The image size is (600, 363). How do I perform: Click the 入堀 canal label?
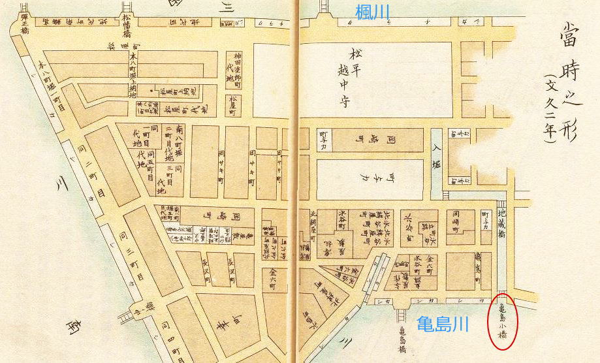(437, 157)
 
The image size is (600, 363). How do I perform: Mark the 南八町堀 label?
(178, 131)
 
